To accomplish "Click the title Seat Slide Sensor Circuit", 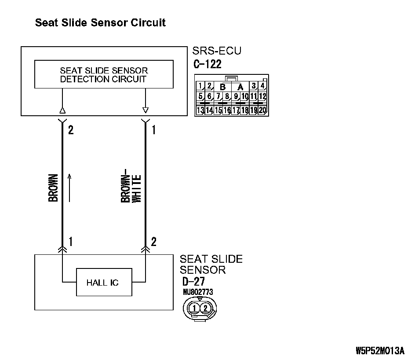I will coord(100,22).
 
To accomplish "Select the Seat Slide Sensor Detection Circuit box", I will coord(103,75).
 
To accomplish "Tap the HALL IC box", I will coord(102,283).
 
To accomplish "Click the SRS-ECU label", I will coord(217,51).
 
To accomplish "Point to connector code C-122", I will coord(207,64).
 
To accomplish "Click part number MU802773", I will coord(198,291).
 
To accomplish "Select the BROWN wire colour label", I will coord(53,188).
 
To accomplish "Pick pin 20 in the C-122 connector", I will coord(262,110).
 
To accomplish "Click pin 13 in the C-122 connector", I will coord(200,110).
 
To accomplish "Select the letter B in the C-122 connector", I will coord(223,87).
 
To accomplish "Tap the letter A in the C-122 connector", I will coord(240,87).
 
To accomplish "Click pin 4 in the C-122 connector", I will coord(262,86).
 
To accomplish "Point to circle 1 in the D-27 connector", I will coord(194,308).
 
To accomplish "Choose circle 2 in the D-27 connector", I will coord(205,308).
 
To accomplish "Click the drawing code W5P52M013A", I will coord(380,351).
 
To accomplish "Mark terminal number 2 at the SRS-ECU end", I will coord(70,130).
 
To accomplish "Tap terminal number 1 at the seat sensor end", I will coord(70,242).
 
